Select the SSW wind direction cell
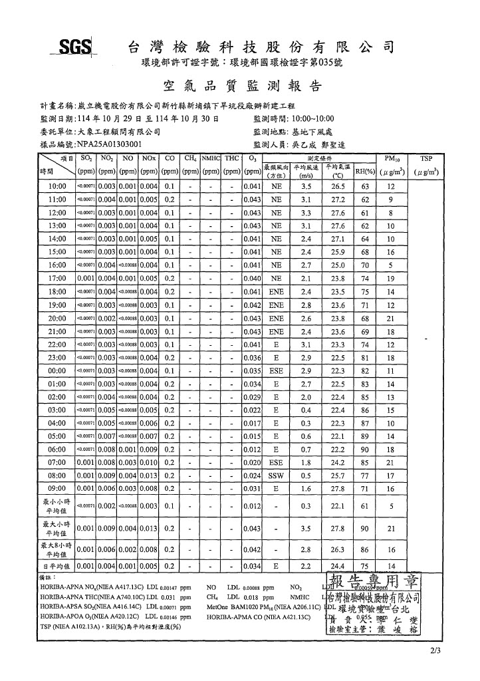[x=276, y=476]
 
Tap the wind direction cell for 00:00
[x=276, y=370]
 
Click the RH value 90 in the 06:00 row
[x=364, y=450]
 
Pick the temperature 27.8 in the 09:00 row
[x=338, y=489]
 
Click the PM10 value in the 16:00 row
[x=390, y=265]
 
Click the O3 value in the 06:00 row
[x=251, y=450]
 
